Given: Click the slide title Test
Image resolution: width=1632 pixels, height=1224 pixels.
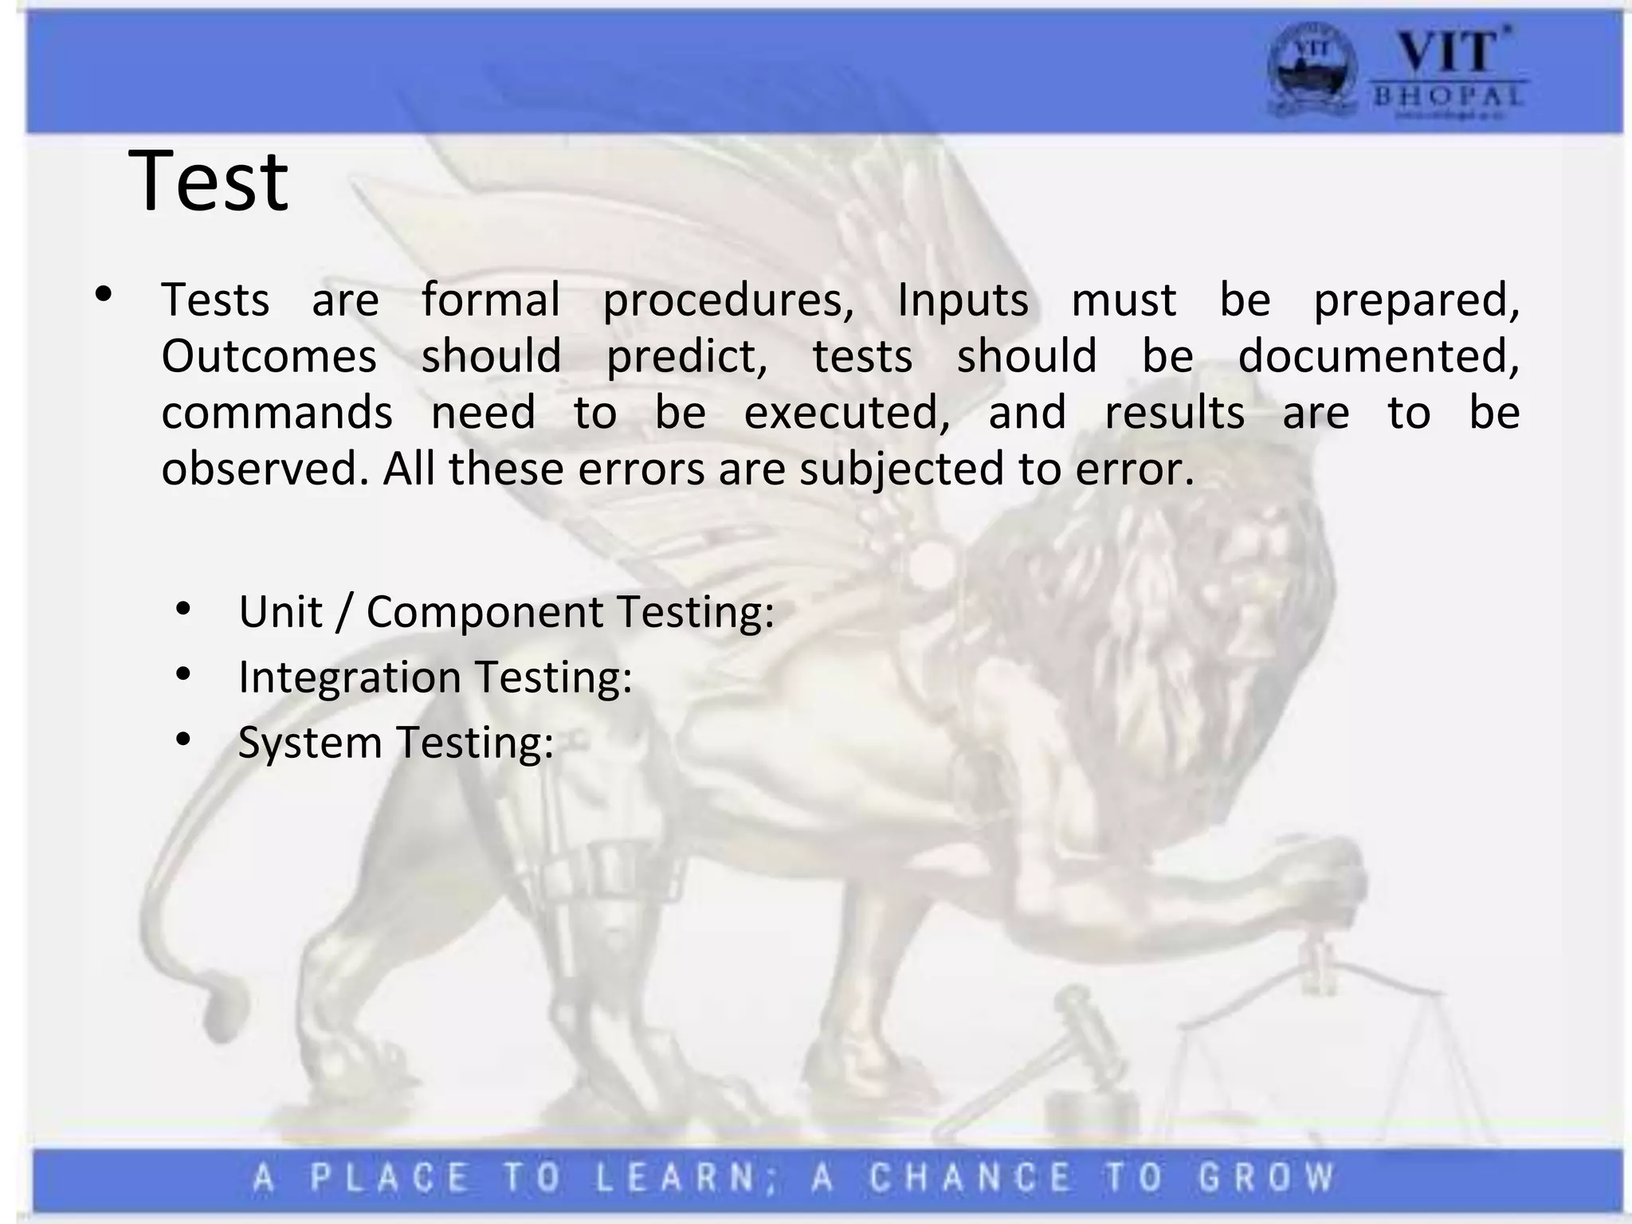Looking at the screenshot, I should point(208,181).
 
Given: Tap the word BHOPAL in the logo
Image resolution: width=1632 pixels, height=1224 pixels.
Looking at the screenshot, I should point(1448,97).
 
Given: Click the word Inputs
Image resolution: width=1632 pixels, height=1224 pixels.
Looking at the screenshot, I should point(963,300).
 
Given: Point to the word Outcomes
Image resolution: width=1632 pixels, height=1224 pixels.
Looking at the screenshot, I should point(269,355).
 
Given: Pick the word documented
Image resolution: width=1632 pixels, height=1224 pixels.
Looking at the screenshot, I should point(1379,355).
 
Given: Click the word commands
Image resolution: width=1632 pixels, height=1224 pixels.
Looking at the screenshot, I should point(277,412).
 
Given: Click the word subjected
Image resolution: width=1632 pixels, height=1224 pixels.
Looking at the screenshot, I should point(901,469).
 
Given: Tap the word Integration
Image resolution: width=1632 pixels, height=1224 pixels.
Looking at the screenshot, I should point(350,677).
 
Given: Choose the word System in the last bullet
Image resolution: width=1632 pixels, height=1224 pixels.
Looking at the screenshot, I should point(310,742).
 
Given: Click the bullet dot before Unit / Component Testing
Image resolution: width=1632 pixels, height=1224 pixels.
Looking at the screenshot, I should point(183,610).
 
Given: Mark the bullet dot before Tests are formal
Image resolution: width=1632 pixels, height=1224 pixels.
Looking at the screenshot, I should point(103,295).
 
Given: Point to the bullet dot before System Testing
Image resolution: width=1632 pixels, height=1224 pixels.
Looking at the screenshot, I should point(183,740).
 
